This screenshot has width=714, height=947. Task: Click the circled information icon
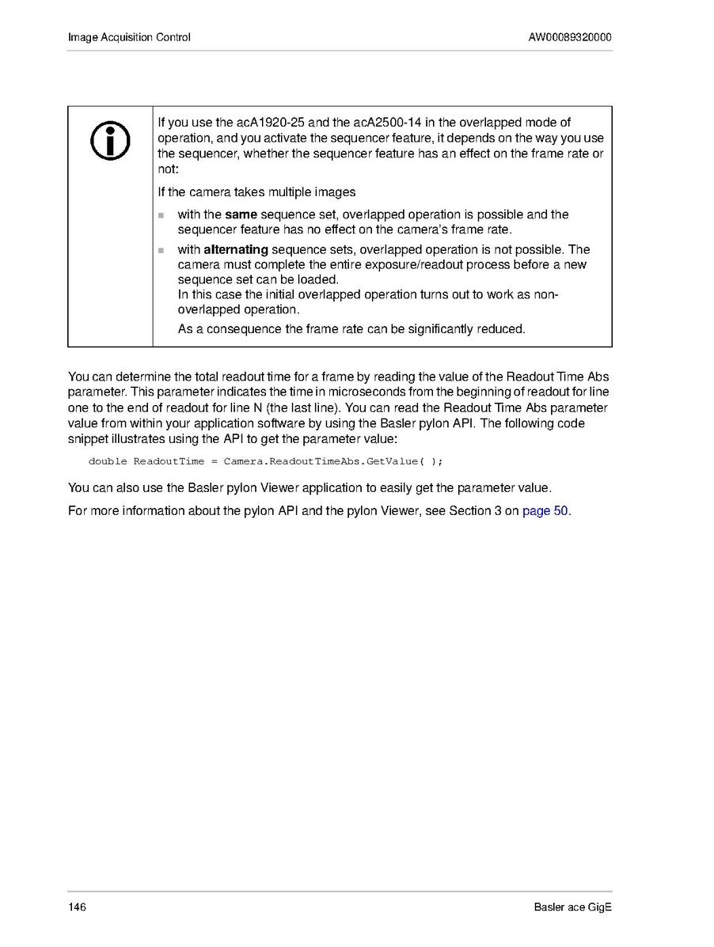(111, 140)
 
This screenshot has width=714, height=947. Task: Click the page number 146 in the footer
(77, 907)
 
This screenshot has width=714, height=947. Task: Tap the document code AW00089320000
(569, 37)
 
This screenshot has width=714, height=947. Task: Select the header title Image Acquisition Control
(129, 37)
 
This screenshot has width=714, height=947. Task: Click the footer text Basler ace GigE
(572, 907)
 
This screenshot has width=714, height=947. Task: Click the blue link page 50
(545, 510)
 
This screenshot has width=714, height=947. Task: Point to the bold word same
(241, 214)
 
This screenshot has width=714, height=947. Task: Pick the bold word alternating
(236, 250)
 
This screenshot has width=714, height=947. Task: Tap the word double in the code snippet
(108, 461)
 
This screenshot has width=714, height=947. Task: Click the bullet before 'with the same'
(161, 215)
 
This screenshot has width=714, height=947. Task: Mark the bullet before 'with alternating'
(161, 251)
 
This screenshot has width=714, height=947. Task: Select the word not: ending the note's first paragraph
(169, 169)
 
